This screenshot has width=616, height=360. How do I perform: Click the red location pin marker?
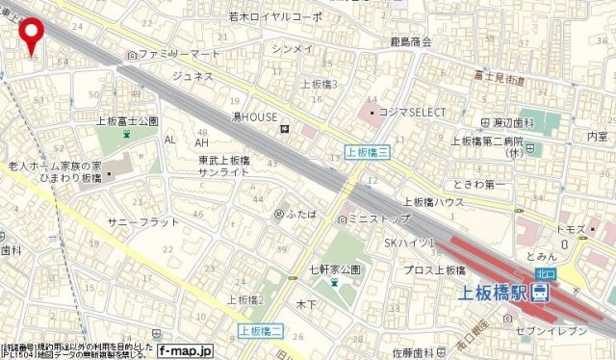click(32, 34)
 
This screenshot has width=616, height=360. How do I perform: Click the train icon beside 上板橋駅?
click(543, 292)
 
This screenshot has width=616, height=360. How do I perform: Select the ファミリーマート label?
click(178, 55)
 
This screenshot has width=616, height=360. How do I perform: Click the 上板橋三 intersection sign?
click(366, 151)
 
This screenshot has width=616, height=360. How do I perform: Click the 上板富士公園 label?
click(127, 121)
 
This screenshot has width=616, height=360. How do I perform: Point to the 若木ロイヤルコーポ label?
click(275, 16)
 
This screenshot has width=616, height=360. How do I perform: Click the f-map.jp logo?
click(183, 351)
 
